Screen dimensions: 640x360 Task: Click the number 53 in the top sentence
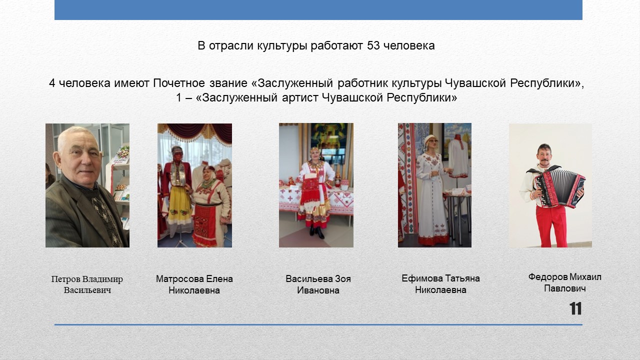click(373, 45)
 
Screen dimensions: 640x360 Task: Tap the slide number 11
click(575, 308)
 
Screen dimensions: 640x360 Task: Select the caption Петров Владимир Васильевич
click(87, 284)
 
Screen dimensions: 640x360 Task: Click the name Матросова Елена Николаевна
click(194, 284)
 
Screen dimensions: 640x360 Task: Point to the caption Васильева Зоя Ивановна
click(318, 284)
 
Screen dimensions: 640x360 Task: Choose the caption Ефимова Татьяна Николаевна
click(440, 284)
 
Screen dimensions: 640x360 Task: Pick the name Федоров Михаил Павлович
click(565, 282)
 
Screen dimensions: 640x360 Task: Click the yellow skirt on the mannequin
click(179, 204)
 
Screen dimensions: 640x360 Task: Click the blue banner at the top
click(318, 9)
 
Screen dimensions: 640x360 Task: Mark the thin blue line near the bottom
click(318, 325)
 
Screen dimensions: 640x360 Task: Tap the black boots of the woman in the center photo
click(316, 232)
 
